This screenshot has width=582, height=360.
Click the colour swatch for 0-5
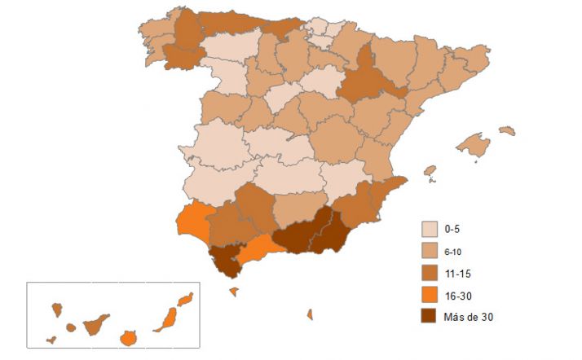430,229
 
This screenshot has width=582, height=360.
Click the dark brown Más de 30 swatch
430,316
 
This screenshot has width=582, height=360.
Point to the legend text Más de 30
470,317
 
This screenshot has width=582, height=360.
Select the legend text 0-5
453,229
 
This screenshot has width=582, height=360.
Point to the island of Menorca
507,130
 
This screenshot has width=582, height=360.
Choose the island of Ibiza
430,172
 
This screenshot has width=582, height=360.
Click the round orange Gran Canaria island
127,337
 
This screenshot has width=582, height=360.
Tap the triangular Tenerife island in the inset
96,324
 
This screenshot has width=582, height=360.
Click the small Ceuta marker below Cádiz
233,291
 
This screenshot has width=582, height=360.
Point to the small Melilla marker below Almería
310,314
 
